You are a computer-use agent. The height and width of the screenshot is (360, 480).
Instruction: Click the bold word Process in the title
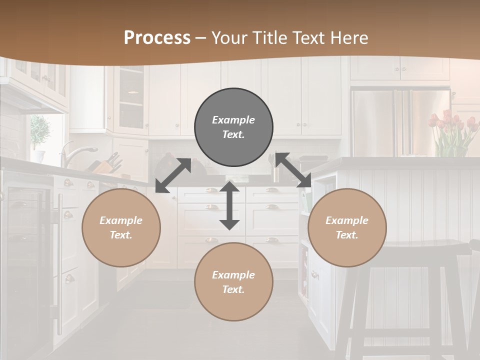tap(157, 38)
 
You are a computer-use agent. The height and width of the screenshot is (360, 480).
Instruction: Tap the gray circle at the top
tap(233, 127)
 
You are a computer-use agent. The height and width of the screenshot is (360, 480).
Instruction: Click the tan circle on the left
tap(121, 228)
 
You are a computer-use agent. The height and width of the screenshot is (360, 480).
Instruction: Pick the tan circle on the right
tap(347, 228)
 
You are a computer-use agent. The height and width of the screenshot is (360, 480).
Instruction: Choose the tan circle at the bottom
tap(233, 282)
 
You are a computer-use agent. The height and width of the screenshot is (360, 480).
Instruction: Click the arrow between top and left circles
tap(173, 175)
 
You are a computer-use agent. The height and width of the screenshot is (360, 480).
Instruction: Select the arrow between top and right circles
tap(293, 170)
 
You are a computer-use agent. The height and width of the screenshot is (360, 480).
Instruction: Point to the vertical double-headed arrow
tap(229, 205)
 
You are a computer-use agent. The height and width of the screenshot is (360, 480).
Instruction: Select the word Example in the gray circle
tap(233, 120)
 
